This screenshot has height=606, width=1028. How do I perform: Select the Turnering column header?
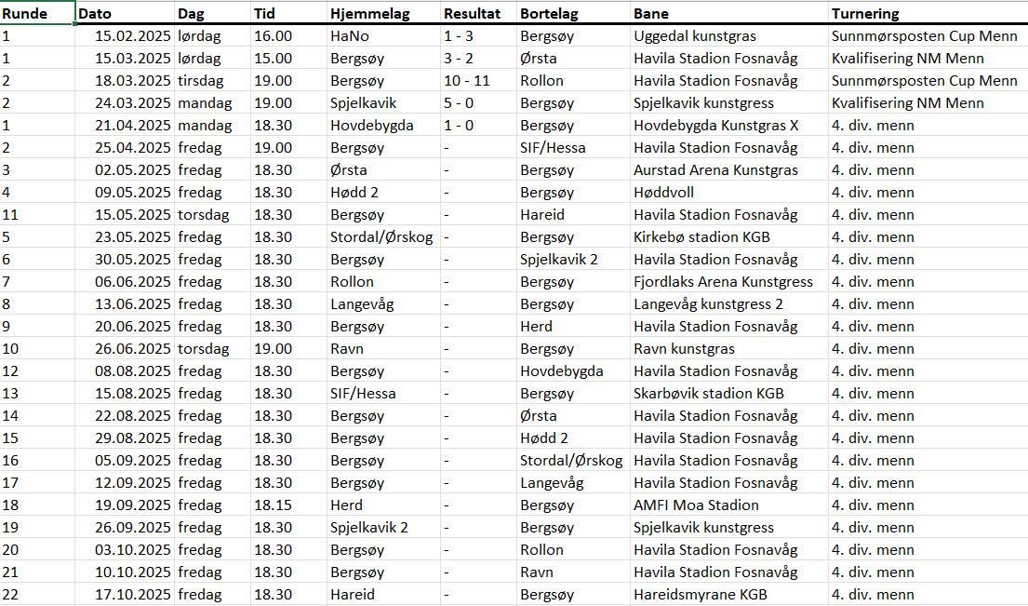point(865,14)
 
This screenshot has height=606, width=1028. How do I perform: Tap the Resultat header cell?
point(472,14)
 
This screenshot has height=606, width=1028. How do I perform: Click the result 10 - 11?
point(466,81)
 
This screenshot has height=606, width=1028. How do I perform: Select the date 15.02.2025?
point(133,36)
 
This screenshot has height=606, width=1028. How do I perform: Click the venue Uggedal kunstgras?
point(694,36)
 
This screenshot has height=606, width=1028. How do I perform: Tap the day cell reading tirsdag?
point(200,81)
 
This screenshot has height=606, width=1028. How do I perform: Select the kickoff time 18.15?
point(273,505)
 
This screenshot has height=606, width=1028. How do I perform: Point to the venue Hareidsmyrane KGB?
point(701,595)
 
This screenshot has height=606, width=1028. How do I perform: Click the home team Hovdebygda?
point(371,126)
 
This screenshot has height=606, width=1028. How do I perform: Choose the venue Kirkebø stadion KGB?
point(701,237)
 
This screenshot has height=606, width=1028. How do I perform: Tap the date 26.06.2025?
point(133,349)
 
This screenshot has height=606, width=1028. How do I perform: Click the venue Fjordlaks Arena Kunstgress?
point(723,282)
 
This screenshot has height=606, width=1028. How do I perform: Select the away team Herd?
point(536,327)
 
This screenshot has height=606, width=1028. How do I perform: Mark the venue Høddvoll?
point(663,193)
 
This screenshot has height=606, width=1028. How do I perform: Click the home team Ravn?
point(347,349)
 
